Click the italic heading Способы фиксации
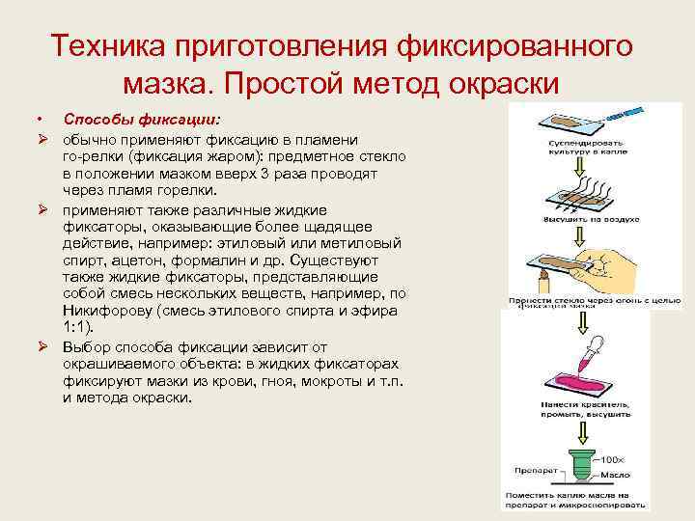(142, 119)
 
